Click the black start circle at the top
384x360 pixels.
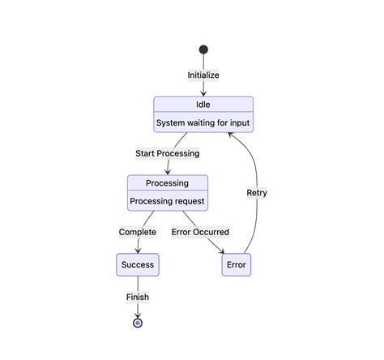click(x=203, y=49)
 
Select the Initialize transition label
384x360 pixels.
click(x=203, y=75)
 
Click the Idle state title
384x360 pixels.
click(x=203, y=105)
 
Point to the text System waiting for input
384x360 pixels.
click(x=203, y=123)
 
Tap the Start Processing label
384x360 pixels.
click(x=168, y=153)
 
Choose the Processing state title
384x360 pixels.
click(x=167, y=183)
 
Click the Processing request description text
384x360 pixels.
click(x=167, y=201)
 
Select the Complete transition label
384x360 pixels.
click(x=138, y=232)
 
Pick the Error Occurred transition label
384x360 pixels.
click(x=200, y=232)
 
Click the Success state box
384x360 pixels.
click(x=137, y=264)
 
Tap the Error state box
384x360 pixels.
click(x=236, y=264)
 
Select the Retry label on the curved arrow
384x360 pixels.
click(x=257, y=193)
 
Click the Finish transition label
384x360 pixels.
click(x=138, y=297)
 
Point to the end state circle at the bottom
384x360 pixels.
click(x=138, y=323)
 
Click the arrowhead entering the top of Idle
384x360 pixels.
click(x=203, y=93)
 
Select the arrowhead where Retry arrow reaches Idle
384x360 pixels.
click(x=231, y=135)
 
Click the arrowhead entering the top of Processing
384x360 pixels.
click(x=168, y=171)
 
